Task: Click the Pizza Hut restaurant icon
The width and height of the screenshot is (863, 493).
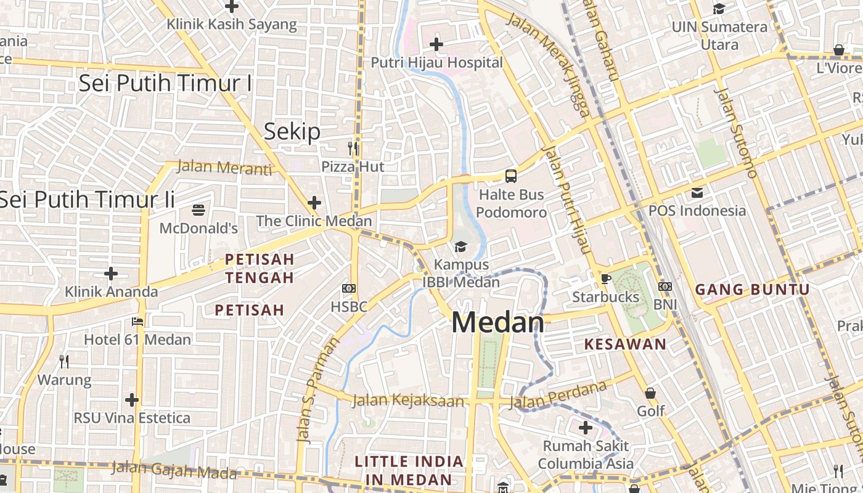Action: pos(353,148)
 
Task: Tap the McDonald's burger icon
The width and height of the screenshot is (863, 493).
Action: pos(198,210)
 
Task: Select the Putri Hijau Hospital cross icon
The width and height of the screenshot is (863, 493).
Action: pos(436,44)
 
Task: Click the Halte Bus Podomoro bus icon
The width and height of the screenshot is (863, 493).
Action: pos(511,176)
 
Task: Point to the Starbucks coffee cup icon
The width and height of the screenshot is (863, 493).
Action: pos(606,279)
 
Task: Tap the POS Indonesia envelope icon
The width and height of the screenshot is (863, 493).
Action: pos(697,192)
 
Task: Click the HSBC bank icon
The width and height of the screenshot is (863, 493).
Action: pos(349,288)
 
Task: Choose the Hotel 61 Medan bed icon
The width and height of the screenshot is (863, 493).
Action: pos(137,321)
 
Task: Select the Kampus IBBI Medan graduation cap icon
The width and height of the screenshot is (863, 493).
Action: pos(460,247)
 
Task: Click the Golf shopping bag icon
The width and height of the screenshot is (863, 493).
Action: pos(650,393)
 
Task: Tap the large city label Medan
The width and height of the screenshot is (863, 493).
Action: pos(498,323)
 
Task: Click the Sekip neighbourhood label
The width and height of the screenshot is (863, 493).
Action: pos(292,132)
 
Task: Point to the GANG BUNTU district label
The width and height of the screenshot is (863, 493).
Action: pos(752,290)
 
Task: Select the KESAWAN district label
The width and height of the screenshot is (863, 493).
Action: pos(625,344)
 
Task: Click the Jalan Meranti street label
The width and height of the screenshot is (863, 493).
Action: pos(224,167)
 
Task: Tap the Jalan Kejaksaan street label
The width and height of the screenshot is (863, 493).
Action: pos(407,401)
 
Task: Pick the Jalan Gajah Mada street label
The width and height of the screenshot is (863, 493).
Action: pos(175,470)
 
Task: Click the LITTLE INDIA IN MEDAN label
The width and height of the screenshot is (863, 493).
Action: pos(409,470)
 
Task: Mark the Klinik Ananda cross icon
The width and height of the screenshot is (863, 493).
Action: pos(111,273)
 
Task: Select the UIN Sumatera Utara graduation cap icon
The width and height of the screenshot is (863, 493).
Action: pos(719,9)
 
